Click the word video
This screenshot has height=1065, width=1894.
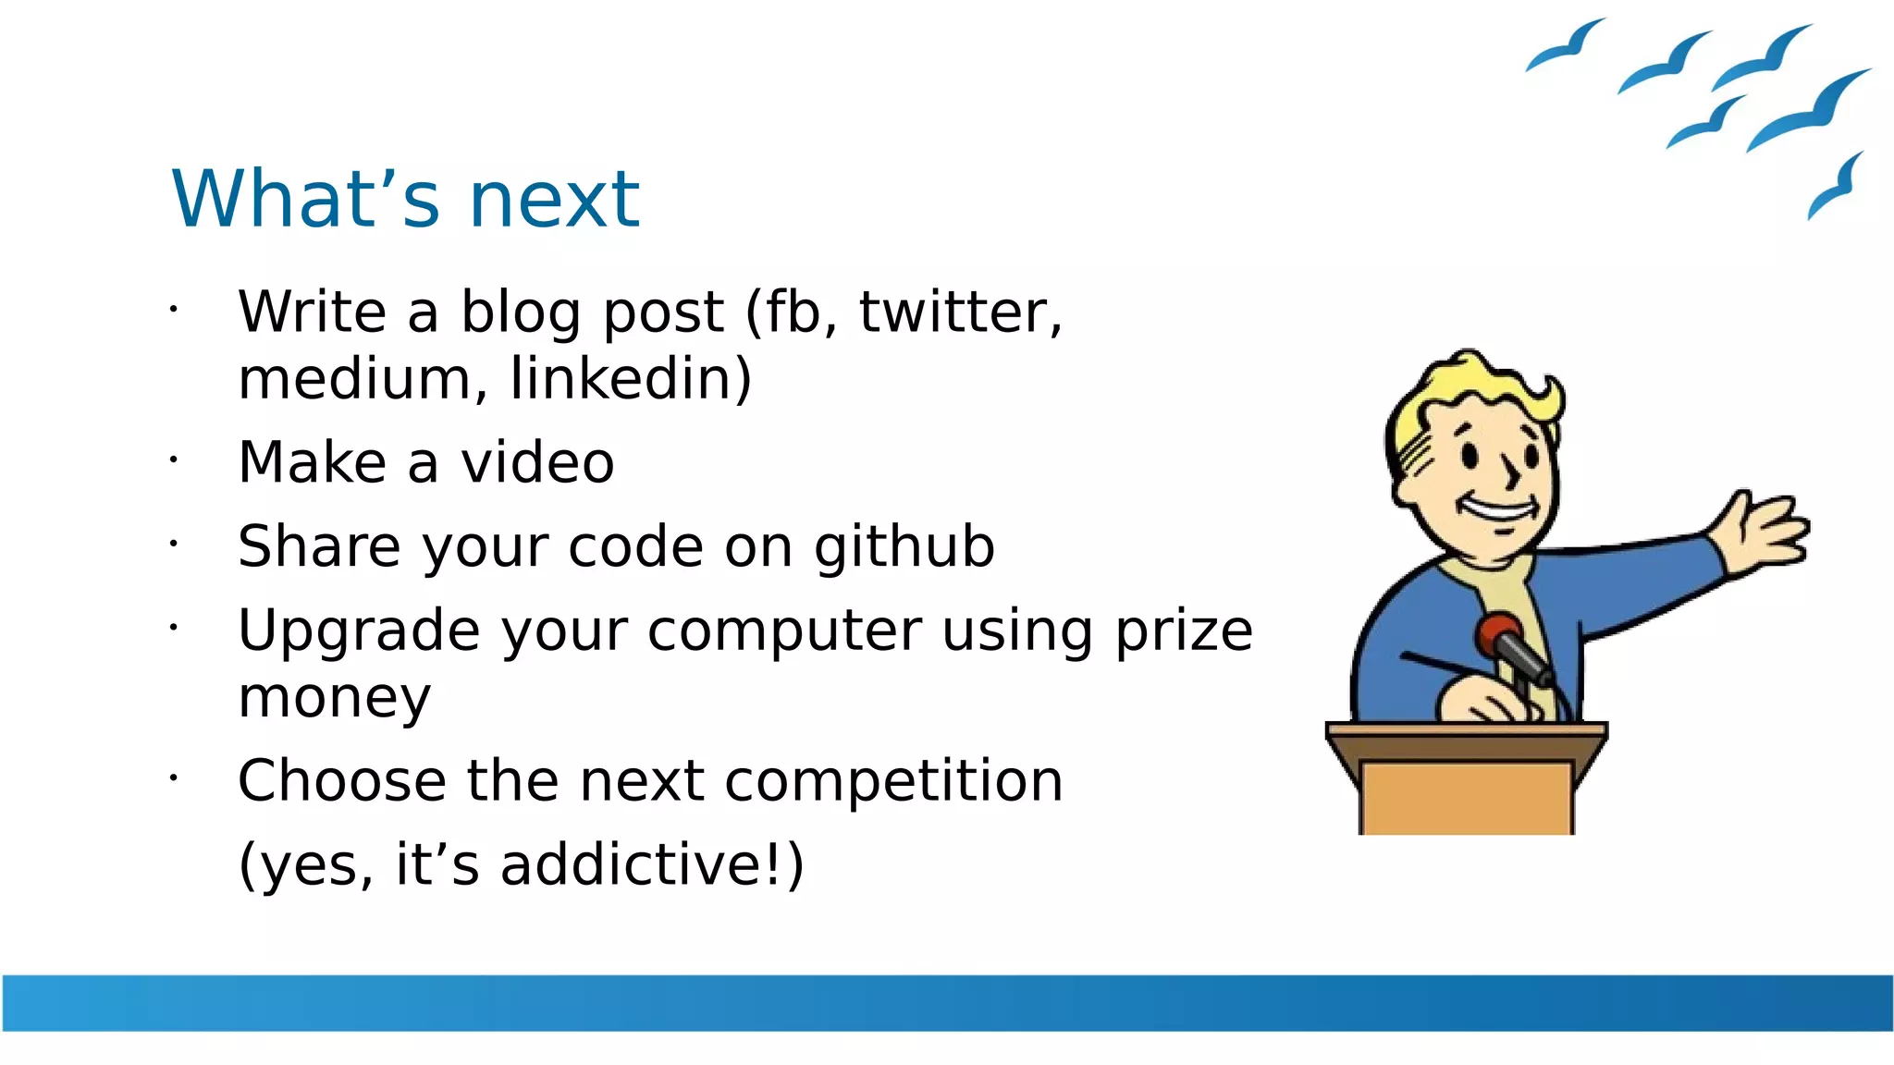537,462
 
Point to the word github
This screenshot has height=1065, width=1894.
904,547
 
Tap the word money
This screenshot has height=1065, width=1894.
334,698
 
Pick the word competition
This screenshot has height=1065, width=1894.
893,781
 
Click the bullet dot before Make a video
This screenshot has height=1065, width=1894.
173,459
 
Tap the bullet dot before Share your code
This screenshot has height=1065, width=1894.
173,544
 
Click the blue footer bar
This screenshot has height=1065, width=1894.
947,1002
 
